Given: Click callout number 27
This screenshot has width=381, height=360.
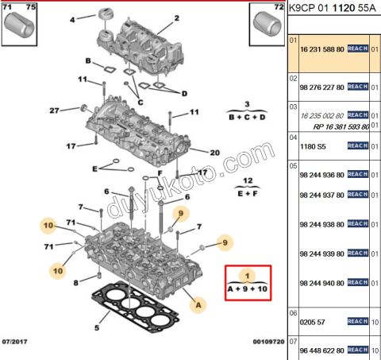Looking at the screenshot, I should [x=54, y=110].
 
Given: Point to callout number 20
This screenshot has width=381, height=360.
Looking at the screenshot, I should [x=214, y=153].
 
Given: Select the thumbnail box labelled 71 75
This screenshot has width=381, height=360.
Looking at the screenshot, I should [x=21, y=25].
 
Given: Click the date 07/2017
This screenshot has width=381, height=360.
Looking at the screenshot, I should [x=17, y=340].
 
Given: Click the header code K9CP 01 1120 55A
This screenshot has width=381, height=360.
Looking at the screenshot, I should [x=332, y=10].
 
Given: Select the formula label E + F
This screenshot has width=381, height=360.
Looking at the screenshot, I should [x=237, y=192].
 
